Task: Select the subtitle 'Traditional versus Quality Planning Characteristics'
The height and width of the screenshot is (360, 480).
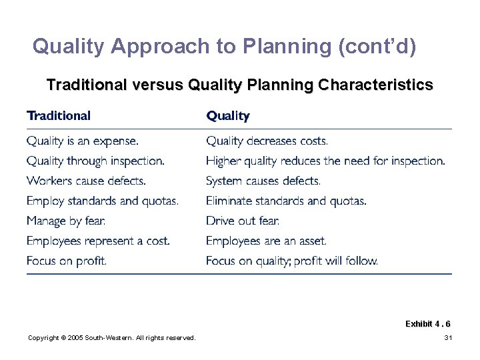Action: point(239,86)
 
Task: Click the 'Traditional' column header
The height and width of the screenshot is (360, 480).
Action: point(59,116)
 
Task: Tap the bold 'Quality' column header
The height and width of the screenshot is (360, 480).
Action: point(228,116)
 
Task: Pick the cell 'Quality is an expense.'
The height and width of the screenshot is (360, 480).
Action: point(83,141)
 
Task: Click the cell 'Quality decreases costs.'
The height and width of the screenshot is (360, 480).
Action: point(267,141)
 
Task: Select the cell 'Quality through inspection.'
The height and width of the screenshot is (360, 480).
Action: point(95,161)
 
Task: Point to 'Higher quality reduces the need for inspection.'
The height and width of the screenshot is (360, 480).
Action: point(325,161)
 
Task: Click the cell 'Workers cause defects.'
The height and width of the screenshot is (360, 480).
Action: point(86,181)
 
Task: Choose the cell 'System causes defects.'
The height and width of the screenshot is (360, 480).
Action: point(263,181)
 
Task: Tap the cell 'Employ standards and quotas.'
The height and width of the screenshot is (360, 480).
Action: point(103,201)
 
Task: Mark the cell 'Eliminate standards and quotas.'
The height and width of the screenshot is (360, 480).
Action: point(286,201)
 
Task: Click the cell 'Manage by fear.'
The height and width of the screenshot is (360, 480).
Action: point(66,221)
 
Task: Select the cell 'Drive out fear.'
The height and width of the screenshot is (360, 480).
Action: point(243,221)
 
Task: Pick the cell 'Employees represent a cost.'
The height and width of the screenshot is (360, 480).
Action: point(98,241)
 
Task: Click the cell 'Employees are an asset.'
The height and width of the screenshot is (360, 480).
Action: point(266,241)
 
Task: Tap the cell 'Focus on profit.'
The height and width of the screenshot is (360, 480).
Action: point(67,261)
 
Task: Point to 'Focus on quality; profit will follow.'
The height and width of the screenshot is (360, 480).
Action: point(292,261)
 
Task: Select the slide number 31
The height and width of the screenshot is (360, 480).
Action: point(448,339)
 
